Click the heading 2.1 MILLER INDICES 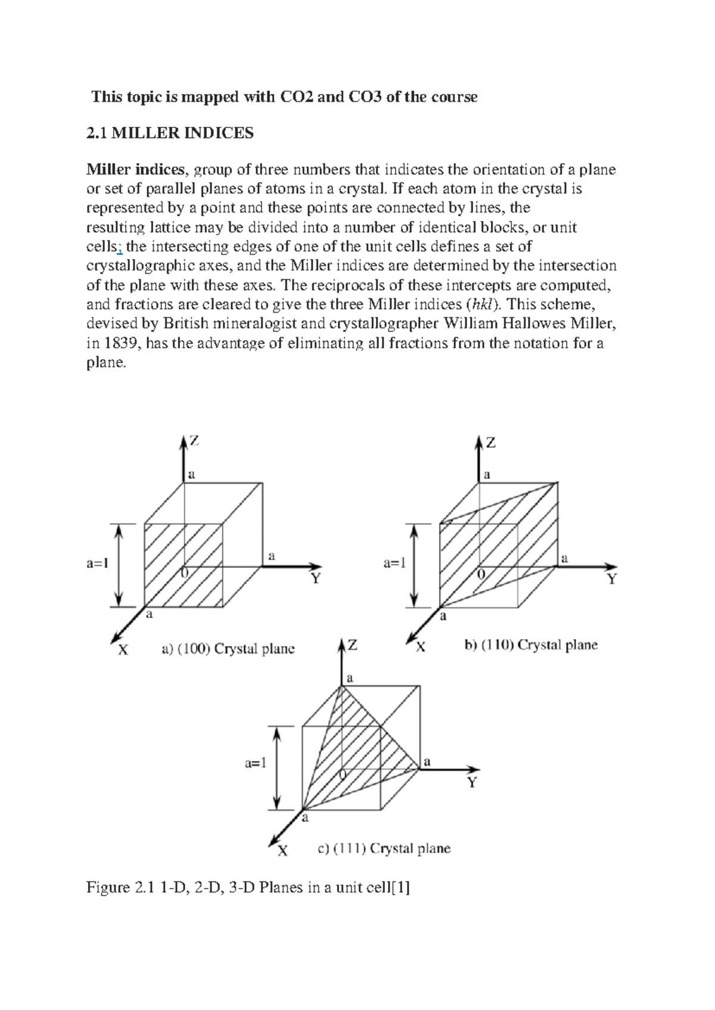pos(170,133)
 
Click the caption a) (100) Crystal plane pos(228,649)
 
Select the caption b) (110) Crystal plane pos(531,645)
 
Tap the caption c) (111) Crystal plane pos(384,848)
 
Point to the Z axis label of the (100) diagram pos(194,441)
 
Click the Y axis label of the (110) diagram pos(612,579)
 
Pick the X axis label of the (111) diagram pos(282,851)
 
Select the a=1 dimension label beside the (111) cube pos(256,763)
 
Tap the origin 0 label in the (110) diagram pos(481,573)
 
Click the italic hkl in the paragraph pos(478,304)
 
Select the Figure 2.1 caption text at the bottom pos(248,888)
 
